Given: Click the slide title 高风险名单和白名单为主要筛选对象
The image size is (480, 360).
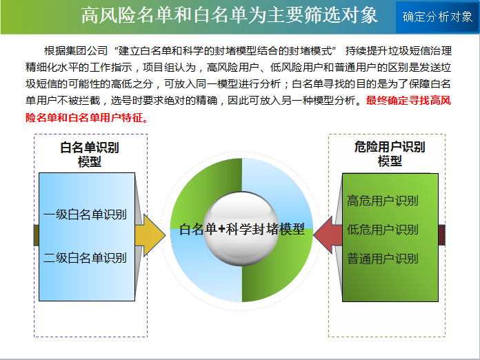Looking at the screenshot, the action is click(x=230, y=15).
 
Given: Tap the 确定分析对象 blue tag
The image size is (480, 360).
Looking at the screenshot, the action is click(x=437, y=17).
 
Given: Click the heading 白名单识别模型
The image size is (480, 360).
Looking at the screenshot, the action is click(x=90, y=154).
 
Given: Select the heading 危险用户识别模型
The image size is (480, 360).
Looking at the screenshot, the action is click(x=390, y=154).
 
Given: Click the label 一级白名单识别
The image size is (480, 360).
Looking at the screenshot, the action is click(x=85, y=214).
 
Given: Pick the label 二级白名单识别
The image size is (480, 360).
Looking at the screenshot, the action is click(x=85, y=258).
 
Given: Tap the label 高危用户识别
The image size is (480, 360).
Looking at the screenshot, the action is click(x=382, y=201).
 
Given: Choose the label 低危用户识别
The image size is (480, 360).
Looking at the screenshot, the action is click(x=382, y=230).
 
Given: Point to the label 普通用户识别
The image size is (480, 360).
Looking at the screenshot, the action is click(x=382, y=259).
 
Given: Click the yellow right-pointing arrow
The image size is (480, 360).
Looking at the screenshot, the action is click(x=150, y=235).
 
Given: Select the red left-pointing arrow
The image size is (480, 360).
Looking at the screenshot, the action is click(x=328, y=234).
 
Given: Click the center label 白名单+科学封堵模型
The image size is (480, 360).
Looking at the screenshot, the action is click(x=242, y=229).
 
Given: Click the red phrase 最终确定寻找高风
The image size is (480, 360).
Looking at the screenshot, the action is click(x=409, y=101).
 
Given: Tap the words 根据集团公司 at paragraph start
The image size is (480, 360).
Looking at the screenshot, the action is click(x=76, y=51).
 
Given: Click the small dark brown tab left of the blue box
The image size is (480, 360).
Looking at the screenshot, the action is click(x=36, y=235).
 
